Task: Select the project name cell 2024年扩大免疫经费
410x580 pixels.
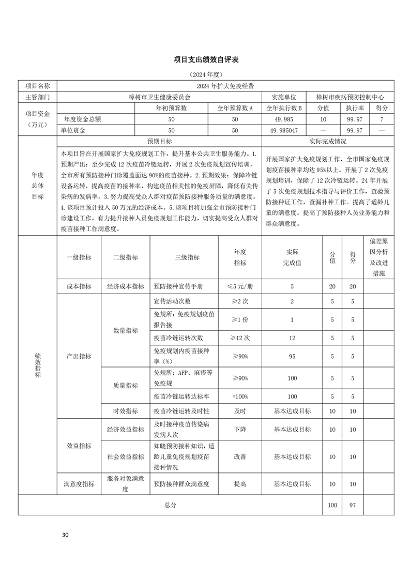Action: [x=226, y=86]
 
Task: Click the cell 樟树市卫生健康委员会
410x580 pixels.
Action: [x=160, y=97]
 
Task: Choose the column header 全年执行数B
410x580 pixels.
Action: [x=284, y=108]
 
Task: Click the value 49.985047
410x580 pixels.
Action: [x=284, y=130]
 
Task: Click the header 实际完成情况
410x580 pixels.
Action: [x=328, y=141]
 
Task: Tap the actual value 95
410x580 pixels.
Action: [x=292, y=356]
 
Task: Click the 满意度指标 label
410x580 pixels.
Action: [x=79, y=484]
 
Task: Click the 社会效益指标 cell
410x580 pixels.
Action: [x=126, y=457]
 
